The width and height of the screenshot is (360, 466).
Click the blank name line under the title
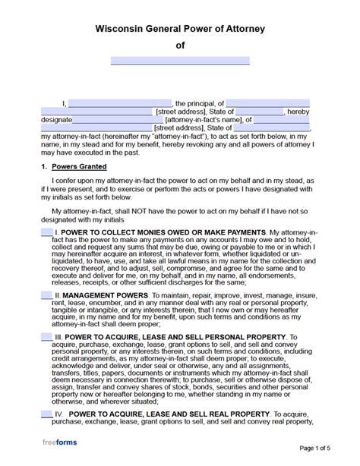tap(180, 61)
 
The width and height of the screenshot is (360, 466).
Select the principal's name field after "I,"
tap(120, 103)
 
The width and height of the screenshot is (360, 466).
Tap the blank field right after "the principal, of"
tap(267, 103)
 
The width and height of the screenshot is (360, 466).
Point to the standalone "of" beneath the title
tap(180, 46)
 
